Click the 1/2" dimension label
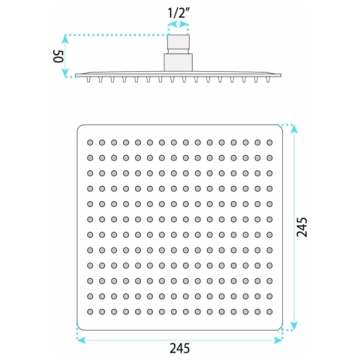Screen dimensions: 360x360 178,13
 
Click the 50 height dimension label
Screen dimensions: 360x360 58,56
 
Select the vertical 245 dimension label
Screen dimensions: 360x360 301,226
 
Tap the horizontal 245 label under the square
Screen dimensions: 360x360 180,348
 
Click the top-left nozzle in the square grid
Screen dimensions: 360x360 90,142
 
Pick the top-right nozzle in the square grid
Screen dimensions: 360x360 269,142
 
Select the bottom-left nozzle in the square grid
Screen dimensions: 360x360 90,311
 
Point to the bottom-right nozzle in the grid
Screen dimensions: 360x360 269,311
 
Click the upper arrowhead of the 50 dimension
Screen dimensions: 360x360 65,39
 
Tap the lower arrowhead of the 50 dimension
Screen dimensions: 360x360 65,73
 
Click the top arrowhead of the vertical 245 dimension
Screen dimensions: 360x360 295,129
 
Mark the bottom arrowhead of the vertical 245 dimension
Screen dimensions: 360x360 295,325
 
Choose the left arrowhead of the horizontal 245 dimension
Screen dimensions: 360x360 81,340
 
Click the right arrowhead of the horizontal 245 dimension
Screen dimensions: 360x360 278,340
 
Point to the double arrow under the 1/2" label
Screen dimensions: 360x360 178,24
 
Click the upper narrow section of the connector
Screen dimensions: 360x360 178,44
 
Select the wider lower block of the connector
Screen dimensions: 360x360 178,62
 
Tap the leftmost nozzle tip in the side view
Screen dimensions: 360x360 88,79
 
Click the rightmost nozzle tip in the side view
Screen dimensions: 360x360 268,79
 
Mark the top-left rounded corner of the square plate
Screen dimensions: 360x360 79,127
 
